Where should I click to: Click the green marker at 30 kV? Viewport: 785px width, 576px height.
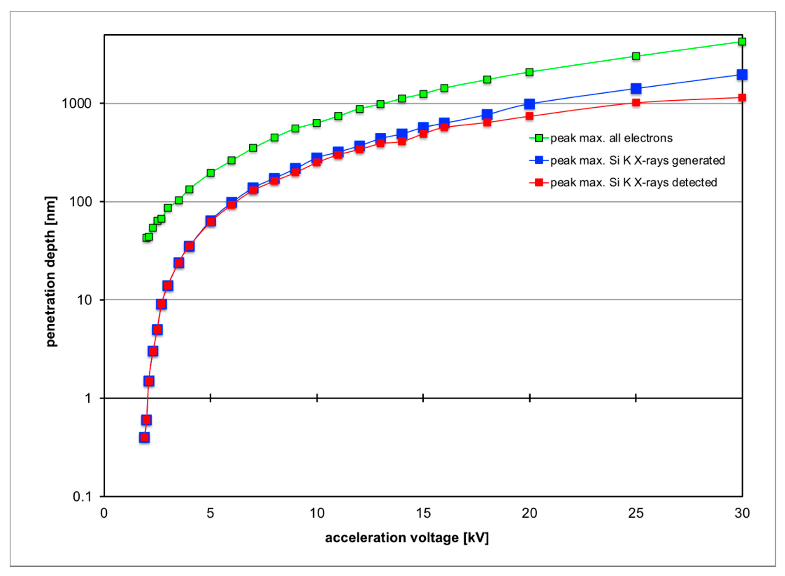point(742,42)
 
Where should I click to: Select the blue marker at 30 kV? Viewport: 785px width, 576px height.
point(742,75)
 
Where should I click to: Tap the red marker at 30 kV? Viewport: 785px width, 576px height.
point(742,98)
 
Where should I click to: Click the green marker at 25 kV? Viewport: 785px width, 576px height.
point(636,56)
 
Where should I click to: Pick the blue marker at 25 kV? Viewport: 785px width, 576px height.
point(636,89)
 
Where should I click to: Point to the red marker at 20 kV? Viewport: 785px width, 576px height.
point(529,116)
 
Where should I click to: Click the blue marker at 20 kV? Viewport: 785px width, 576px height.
point(529,104)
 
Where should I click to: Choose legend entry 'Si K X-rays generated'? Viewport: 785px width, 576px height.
point(637,160)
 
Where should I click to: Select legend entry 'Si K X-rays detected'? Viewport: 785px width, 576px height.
point(633,182)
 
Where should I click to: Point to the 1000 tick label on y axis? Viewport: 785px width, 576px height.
point(76,104)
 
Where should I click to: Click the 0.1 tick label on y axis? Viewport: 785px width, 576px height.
point(82,497)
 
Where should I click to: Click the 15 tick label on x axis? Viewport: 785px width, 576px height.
point(423,513)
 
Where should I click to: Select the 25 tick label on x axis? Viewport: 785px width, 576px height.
point(636,513)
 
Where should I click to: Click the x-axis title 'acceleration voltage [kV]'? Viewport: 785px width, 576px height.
point(407,538)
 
